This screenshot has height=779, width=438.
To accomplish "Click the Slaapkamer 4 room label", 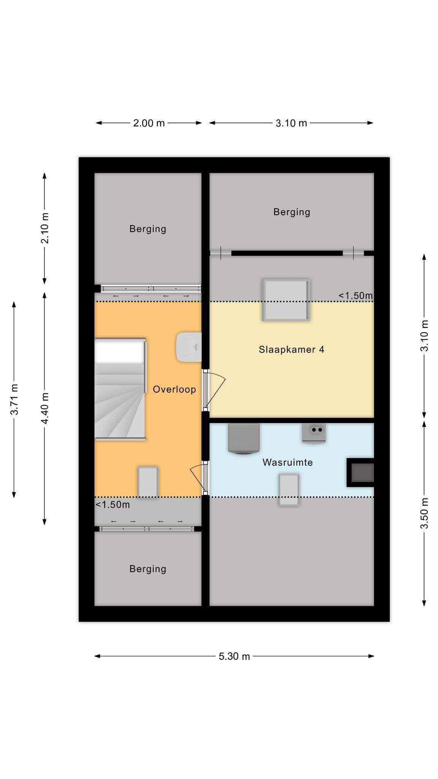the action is coord(292,349).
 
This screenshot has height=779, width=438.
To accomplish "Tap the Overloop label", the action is coord(175,389).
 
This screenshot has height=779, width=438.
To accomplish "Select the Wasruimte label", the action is coord(288,462).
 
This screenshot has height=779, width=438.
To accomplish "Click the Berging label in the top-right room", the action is coord(292,212).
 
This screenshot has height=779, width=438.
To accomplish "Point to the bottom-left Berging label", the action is coord(148,569).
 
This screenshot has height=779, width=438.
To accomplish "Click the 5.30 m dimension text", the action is coord(234,656).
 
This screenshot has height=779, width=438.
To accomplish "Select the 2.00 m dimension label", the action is coord(149,123).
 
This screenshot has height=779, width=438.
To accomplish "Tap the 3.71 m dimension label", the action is coord(14,399).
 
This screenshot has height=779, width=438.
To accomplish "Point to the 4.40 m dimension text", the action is coord(44,408).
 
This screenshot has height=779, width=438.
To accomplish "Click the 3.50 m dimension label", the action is coord(424,513).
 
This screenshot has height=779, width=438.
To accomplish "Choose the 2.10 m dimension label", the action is coord(44,228).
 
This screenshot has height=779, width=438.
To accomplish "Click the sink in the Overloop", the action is coord(189,347).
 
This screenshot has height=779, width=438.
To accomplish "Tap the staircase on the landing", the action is coord(120,389).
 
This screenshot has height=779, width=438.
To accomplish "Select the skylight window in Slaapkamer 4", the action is coord(286,300).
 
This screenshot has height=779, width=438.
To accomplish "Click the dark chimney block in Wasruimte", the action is coord(360,472).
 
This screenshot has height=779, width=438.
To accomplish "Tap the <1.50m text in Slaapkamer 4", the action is coord(355,296).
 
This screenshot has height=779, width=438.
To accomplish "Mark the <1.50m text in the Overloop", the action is coord(113,505).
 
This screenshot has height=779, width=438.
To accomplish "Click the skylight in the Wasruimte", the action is coord(289,490).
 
